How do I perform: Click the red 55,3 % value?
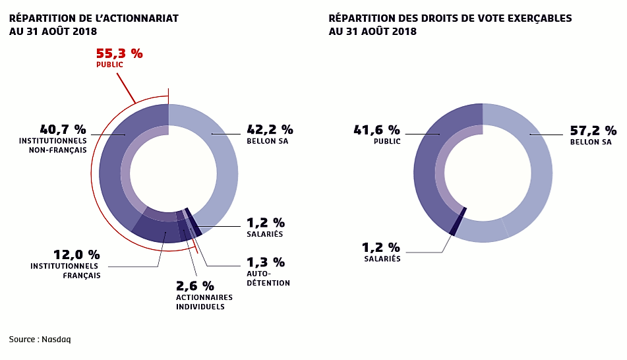pos(119,53)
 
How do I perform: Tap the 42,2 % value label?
pos(270,129)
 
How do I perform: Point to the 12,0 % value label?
pos(76,254)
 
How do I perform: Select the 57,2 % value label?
pos(593,130)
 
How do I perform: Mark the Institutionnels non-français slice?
pos(112,165)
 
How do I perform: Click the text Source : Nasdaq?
pos(40,340)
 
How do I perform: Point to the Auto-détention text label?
pos(268,278)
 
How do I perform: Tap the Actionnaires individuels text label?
pos(204,301)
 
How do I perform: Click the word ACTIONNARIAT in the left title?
pos(144,18)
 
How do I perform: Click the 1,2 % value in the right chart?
pos(380,247)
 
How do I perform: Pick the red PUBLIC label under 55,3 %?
pos(109,65)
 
